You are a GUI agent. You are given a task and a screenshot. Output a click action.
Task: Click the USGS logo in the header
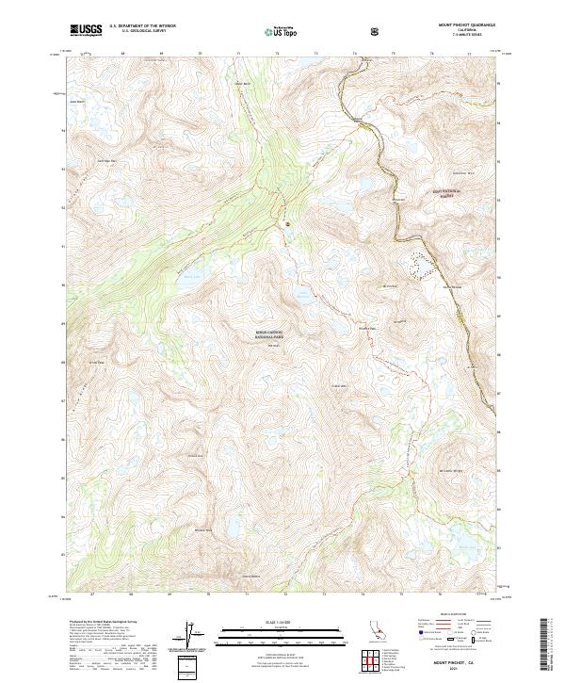tap(85, 31)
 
